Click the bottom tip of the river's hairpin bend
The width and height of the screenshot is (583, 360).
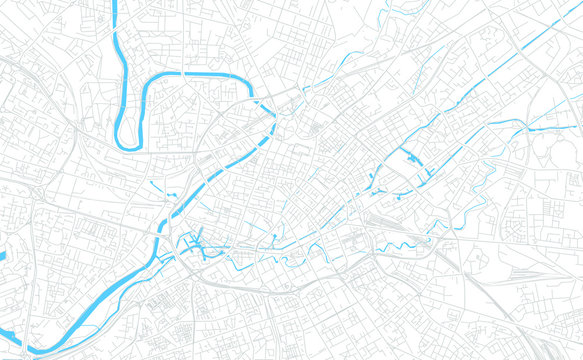tap(126, 144)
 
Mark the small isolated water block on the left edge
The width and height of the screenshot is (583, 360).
tap(2, 256)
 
